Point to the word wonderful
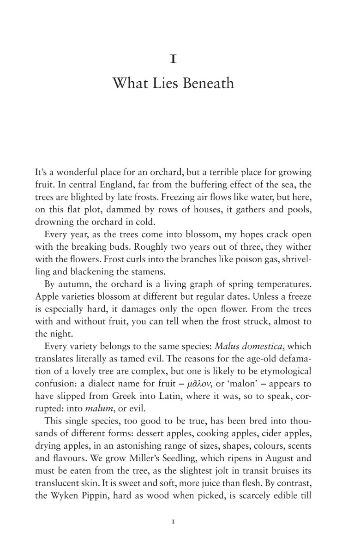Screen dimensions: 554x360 pyautogui.click(x=68, y=173)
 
